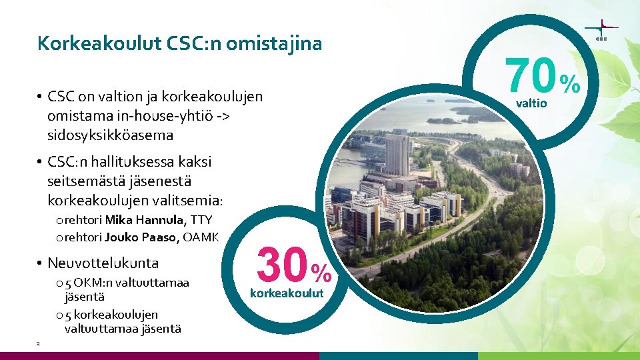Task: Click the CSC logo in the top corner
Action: [x=601, y=30]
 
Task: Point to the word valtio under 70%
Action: [x=531, y=103]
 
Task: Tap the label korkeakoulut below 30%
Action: [x=287, y=293]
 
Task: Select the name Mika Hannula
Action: [x=146, y=220]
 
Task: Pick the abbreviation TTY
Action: [x=201, y=220]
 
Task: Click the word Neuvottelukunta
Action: [x=103, y=263]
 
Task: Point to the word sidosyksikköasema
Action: [x=110, y=135]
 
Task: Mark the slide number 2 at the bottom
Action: [x=38, y=343]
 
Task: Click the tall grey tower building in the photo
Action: [x=397, y=154]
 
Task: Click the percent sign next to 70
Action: [x=570, y=83]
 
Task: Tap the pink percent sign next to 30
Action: [x=321, y=272]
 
